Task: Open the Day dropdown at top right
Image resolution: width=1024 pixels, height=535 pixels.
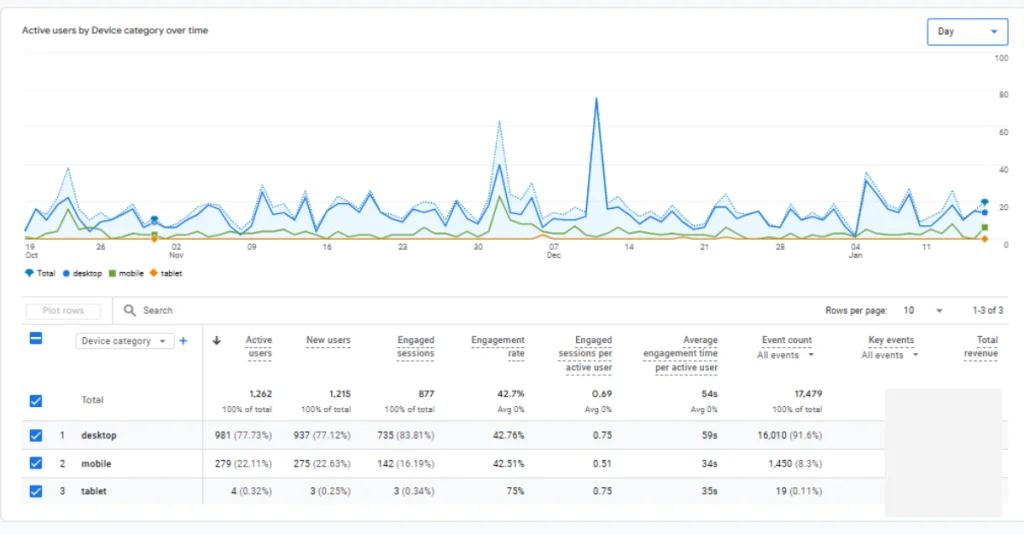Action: click(x=966, y=32)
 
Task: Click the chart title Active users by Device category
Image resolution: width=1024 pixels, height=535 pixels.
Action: click(x=115, y=31)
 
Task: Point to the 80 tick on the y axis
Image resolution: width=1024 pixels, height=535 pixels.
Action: click(x=1001, y=95)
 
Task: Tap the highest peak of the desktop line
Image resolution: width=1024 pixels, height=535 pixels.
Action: click(x=597, y=99)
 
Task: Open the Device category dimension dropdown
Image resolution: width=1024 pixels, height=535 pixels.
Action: click(x=125, y=341)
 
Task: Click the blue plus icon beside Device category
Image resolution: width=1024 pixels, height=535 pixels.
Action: click(x=184, y=341)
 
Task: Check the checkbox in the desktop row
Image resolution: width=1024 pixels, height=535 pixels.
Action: click(x=36, y=436)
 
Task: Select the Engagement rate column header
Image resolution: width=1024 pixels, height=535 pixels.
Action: click(x=498, y=346)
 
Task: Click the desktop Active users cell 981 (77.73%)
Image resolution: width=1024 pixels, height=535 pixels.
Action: click(x=243, y=436)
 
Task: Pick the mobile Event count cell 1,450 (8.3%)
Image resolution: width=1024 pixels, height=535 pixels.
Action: click(x=790, y=464)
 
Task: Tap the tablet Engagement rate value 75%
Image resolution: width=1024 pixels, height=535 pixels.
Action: click(x=514, y=491)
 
